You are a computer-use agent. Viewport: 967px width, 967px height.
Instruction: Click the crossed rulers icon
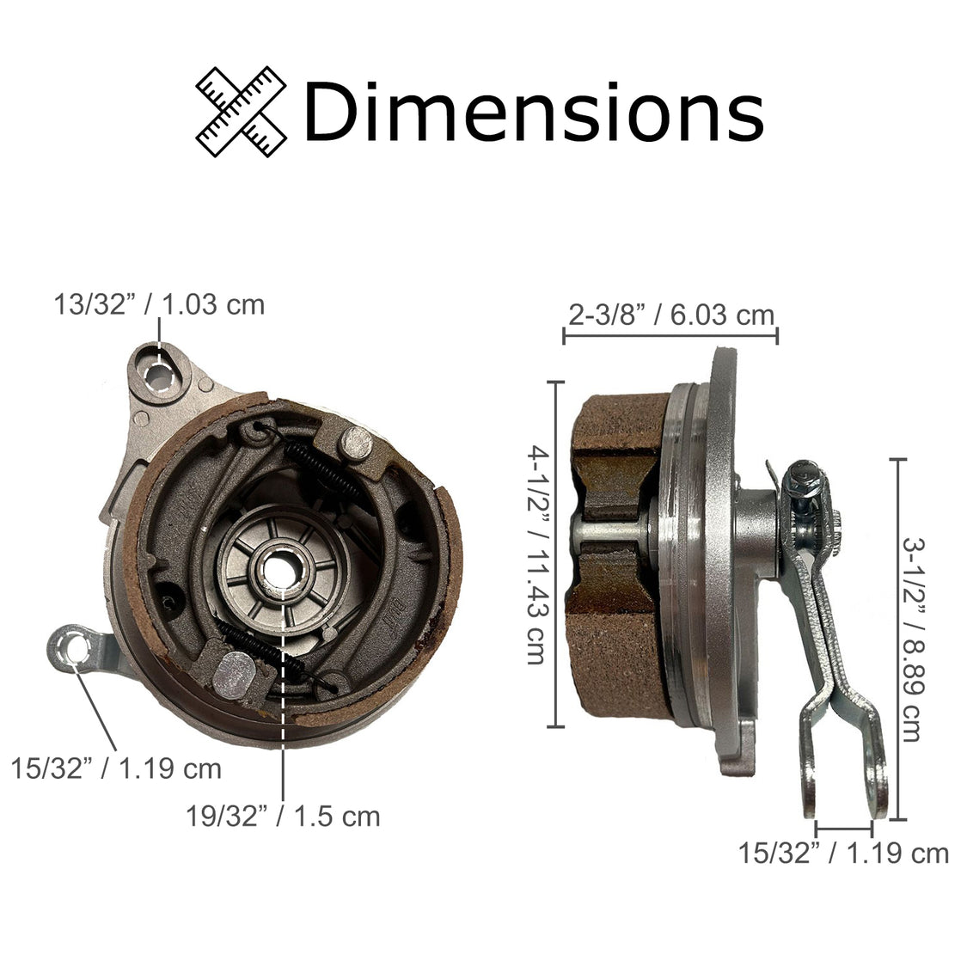(242, 111)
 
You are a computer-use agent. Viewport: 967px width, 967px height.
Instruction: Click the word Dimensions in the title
(533, 112)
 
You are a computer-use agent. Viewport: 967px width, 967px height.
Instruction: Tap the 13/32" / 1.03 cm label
(159, 304)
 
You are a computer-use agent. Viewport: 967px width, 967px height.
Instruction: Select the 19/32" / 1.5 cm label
(283, 815)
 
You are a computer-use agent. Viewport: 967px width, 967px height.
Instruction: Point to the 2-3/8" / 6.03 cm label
(671, 315)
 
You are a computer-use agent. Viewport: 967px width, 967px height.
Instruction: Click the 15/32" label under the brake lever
(843, 854)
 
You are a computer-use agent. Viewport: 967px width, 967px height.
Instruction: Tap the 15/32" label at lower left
(116, 768)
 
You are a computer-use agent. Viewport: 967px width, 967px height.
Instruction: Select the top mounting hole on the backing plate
(160, 375)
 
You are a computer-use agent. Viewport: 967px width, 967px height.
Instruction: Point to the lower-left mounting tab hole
(75, 646)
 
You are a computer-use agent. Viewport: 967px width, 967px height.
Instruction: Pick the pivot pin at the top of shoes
(356, 444)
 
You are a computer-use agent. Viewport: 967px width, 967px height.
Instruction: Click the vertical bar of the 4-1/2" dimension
(560, 554)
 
